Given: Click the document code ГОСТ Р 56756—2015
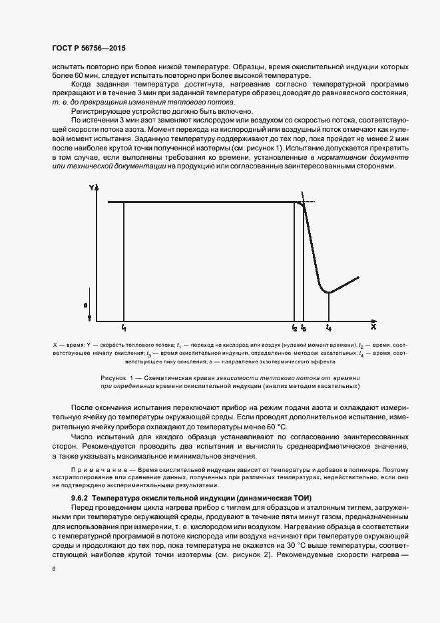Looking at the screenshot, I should pos(88,49).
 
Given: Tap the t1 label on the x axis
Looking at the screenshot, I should pos(124,328).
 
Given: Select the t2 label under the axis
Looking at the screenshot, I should pos(294,328).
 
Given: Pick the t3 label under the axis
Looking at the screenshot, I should pos(304,328).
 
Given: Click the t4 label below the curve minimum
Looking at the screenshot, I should pos(328,328).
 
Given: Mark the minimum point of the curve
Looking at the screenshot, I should pos(328,292).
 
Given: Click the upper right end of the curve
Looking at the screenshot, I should pos(359,276).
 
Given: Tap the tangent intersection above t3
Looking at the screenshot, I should pos(304,202).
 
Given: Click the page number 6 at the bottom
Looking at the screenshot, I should pos(53,569).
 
